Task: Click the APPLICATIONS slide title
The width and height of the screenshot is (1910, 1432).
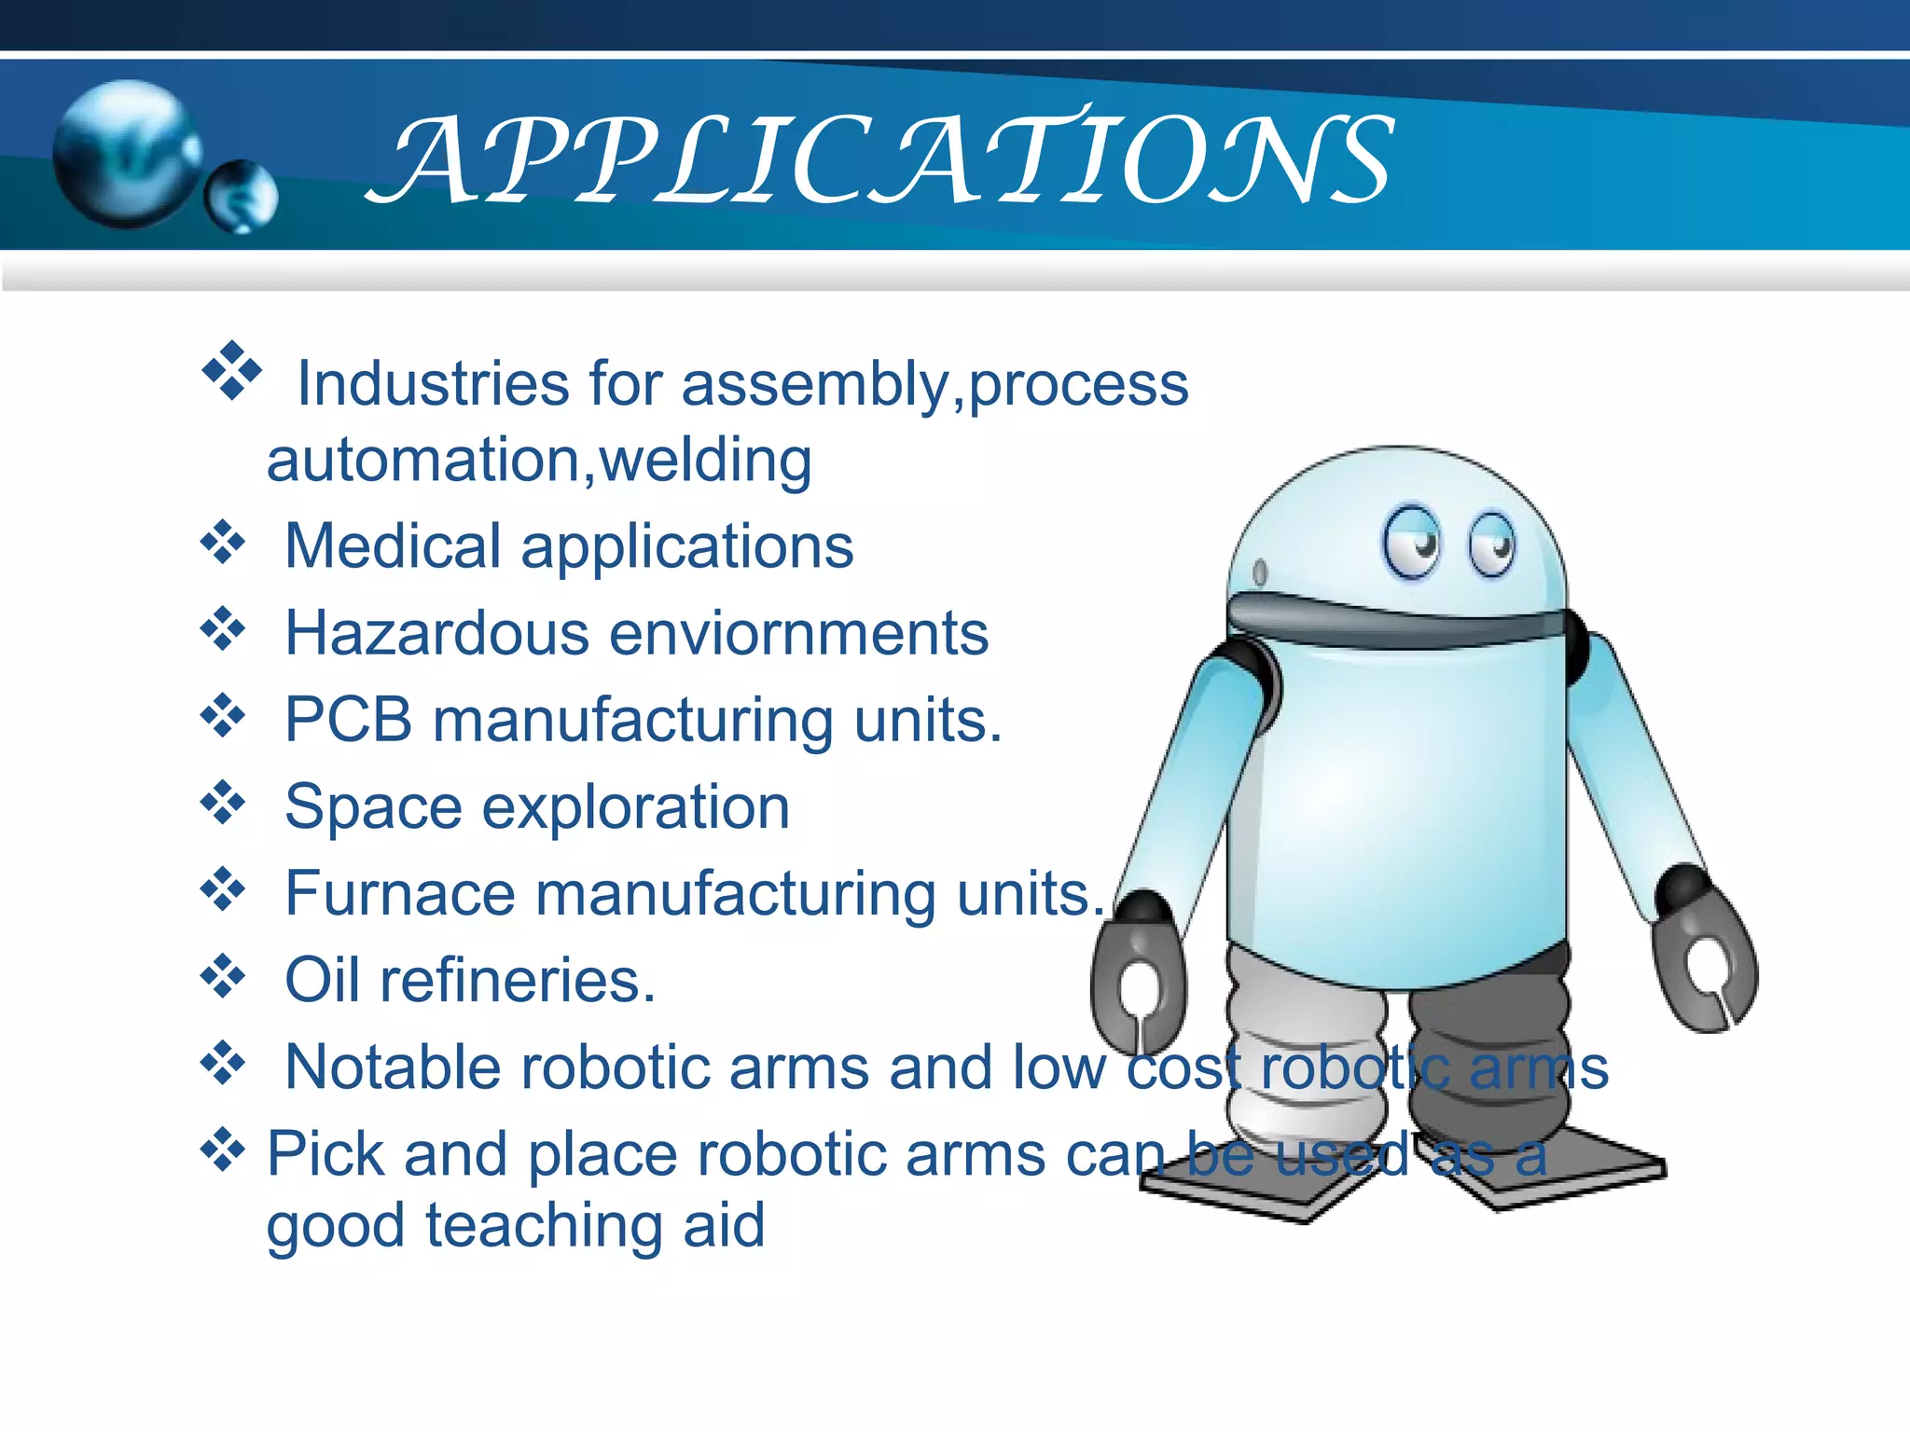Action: click(881, 158)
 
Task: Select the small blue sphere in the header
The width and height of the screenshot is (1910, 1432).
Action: click(241, 196)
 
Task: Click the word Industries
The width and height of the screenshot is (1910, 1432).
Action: click(432, 383)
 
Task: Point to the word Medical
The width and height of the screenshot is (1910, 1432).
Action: click(393, 545)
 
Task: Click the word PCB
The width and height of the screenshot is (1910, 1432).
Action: click(348, 720)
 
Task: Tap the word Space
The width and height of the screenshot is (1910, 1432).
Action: click(372, 807)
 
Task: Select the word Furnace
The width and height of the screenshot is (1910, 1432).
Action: click(399, 893)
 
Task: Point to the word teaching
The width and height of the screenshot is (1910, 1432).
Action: click(544, 1225)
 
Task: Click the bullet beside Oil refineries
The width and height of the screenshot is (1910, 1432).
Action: click(223, 976)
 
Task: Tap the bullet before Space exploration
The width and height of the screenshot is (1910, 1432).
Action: click(223, 803)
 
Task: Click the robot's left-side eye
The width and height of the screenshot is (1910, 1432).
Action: click(1411, 542)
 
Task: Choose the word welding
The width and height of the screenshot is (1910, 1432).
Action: click(705, 461)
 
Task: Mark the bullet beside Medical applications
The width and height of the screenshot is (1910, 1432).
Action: click(223, 542)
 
